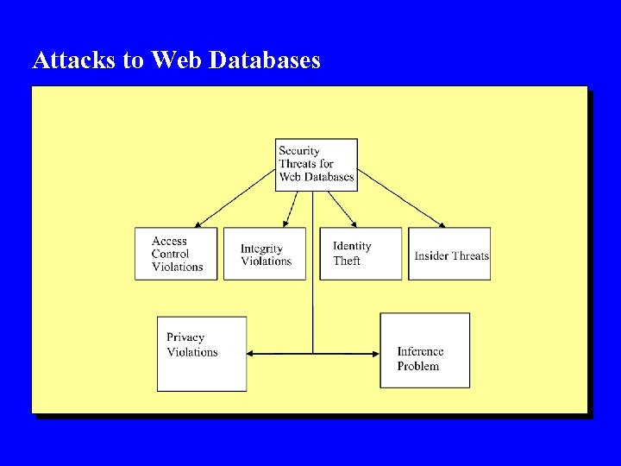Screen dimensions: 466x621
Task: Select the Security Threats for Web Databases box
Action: [x=317, y=164]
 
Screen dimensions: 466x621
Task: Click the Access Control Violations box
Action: [x=176, y=254]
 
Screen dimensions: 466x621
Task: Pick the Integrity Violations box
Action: [x=265, y=254]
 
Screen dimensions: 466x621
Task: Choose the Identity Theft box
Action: [x=361, y=254]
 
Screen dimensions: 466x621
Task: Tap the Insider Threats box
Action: [x=449, y=254]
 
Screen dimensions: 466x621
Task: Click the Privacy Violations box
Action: [x=202, y=354]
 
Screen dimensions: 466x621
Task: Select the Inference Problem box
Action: [x=425, y=350]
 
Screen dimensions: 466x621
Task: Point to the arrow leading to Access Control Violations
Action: [x=235, y=198]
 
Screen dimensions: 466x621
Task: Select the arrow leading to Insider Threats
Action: [x=401, y=198]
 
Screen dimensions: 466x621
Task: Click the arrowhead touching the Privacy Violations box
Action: [x=251, y=353]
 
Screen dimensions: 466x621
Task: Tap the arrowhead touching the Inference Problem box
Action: [x=376, y=353]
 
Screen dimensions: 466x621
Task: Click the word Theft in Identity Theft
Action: [x=347, y=261]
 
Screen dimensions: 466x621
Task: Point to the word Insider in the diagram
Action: [x=431, y=255]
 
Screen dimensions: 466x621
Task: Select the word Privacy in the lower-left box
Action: [x=185, y=337]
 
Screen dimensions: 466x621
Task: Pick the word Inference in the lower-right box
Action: [x=420, y=351]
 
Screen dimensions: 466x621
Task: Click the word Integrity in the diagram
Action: [x=261, y=249]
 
